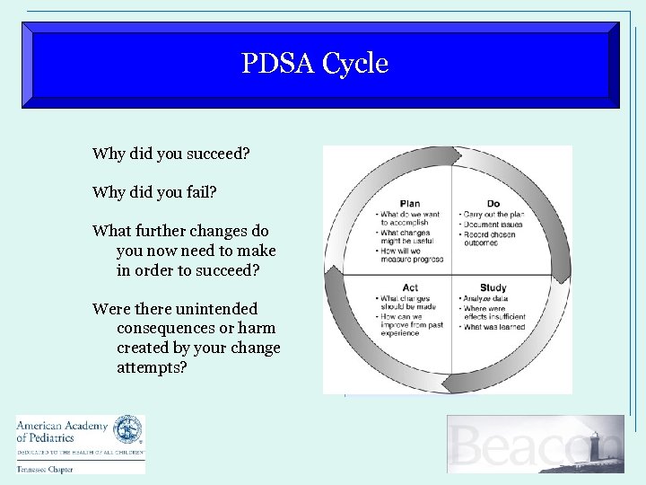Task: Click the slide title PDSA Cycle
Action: [315, 64]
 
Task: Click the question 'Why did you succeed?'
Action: [170, 154]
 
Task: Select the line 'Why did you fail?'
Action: [154, 192]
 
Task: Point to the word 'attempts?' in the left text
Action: [152, 367]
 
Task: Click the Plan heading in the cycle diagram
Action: [410, 204]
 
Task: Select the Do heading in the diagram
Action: [493, 204]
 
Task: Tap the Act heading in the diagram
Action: [410, 287]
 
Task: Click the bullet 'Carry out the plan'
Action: [493, 215]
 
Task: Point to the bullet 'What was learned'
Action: [494, 327]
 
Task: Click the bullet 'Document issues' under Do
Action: [492, 225]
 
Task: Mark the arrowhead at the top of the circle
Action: [455, 156]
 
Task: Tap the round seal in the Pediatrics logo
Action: [127, 430]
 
